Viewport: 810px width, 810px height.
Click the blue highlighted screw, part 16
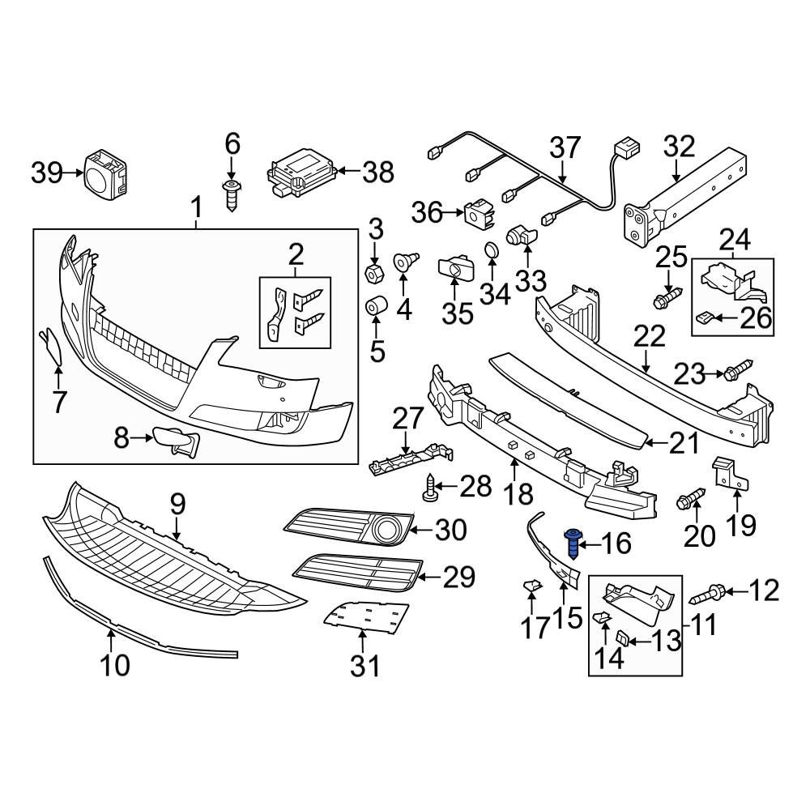(573, 542)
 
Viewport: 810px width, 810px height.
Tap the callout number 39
(47, 172)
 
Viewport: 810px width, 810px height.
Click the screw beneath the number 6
(232, 194)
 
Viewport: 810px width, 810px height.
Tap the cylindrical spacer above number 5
(376, 309)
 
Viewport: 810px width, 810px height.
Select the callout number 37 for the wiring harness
(565, 148)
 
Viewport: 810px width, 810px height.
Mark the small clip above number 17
(532, 584)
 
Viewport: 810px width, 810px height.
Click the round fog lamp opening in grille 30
(390, 531)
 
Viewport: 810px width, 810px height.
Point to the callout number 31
(364, 667)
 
